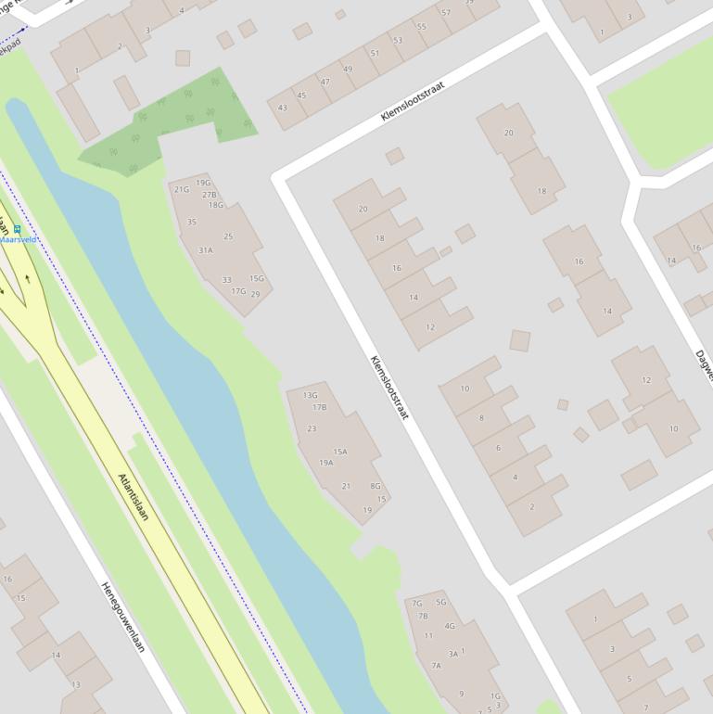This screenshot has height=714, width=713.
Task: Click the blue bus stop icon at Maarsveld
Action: (17, 229)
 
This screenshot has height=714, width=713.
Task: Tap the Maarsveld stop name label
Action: (19, 239)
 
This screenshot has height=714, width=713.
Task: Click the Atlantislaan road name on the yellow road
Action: (134, 496)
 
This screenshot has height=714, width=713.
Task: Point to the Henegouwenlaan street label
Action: (122, 617)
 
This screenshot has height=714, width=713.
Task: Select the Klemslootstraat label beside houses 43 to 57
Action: (413, 101)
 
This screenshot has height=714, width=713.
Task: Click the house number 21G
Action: (181, 189)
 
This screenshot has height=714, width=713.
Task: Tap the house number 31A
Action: (205, 250)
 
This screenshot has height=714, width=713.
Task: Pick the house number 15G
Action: (257, 278)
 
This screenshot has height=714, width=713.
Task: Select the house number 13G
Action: (310, 395)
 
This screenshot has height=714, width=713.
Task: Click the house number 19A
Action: (325, 463)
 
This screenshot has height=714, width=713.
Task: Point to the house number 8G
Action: (376, 486)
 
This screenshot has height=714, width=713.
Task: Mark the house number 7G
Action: (416, 604)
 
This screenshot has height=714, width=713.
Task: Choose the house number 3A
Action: (453, 654)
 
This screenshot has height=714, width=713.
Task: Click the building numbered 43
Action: (283, 108)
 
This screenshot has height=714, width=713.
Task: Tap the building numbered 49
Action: (348, 69)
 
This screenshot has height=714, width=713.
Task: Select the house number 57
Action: (446, 13)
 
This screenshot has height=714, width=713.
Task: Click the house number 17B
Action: (319, 407)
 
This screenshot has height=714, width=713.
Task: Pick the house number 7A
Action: (436, 665)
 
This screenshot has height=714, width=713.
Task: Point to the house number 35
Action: (192, 223)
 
